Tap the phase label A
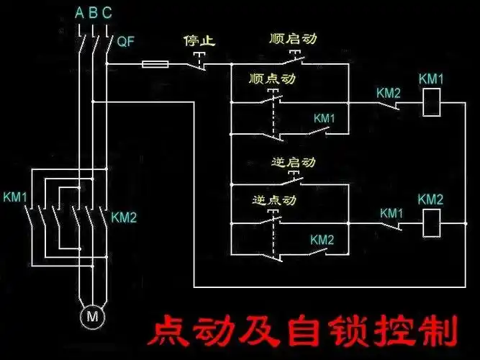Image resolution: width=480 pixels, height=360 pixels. pos(78,12)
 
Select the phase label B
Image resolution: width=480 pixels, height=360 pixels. pos(93,12)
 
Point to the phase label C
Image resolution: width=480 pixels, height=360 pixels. pos(107,12)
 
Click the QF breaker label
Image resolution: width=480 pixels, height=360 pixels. pos(125,42)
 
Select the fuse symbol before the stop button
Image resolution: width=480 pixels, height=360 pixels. pos(155,65)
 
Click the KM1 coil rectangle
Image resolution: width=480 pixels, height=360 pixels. pos(430,104)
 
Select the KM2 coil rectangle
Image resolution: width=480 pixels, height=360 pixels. pos(430,225)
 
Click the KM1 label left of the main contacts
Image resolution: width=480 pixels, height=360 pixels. pos(15,197)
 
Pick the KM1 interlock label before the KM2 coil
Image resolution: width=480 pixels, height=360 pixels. pos(391,213)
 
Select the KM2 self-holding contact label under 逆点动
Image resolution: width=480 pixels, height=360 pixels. pos(322,239)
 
